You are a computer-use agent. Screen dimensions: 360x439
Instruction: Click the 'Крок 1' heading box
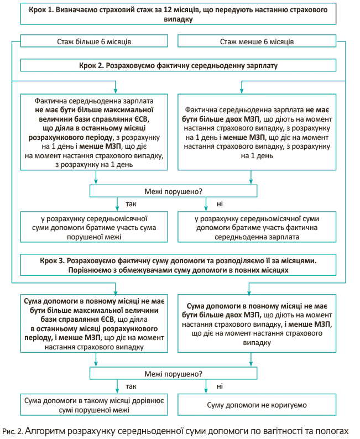coord(178,14)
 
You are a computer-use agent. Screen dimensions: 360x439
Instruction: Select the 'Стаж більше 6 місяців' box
coord(94,41)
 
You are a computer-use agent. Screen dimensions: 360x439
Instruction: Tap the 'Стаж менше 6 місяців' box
coord(257,41)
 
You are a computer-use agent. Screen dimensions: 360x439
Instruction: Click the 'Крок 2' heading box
coord(178,65)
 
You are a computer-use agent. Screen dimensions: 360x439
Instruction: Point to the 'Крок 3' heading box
coord(178,265)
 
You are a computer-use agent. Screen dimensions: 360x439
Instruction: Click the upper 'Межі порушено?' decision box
coord(173,191)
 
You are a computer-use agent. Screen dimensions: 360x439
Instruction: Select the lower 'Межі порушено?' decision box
coord(173,374)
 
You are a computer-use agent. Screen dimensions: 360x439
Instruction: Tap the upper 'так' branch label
coord(131,204)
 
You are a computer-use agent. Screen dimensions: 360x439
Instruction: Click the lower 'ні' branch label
coord(220,386)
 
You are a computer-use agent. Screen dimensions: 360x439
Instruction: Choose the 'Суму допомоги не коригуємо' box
coord(257,405)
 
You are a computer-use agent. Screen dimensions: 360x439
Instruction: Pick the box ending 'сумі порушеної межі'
coord(94,405)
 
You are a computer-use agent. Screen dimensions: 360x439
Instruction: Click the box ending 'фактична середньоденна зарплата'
coord(257,227)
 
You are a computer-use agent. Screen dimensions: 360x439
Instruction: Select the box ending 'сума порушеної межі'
coord(94,227)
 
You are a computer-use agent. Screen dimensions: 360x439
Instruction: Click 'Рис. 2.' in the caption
coord(12,432)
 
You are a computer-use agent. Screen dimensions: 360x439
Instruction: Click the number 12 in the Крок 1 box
coord(168,9)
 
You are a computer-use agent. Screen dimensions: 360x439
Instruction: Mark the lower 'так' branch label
coord(131,386)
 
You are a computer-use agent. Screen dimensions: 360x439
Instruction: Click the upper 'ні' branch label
coord(220,204)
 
